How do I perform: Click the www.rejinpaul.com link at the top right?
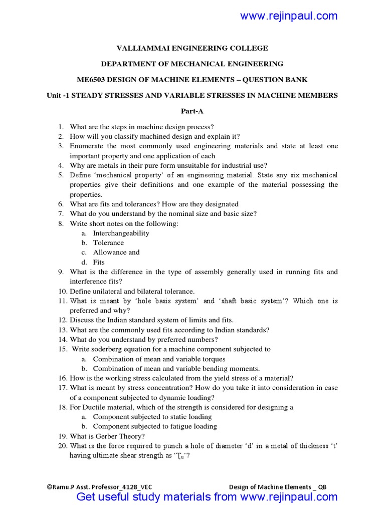[x=289, y=16]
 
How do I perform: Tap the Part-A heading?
[x=192, y=111]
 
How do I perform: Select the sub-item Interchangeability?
[x=121, y=233]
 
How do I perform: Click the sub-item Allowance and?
[x=116, y=252]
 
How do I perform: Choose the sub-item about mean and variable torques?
[x=159, y=359]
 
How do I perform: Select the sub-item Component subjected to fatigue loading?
[x=155, y=426]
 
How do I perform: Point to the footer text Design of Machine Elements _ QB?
[x=278, y=487]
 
